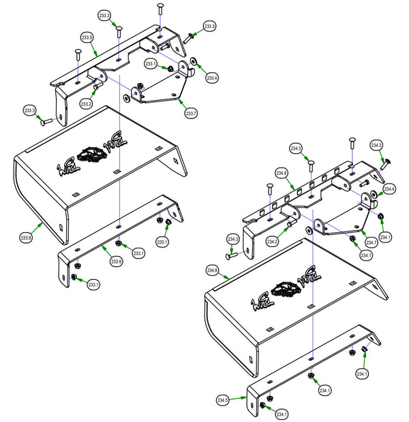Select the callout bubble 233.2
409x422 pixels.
pyautogui.click(x=85, y=104)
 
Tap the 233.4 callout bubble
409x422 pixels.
pyautogui.click(x=212, y=78)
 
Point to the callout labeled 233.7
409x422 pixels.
pyautogui.click(x=190, y=113)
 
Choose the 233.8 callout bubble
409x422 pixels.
pyautogui.click(x=27, y=238)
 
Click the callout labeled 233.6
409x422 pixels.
pyautogui.click(x=116, y=261)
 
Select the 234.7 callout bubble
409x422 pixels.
pyautogui.click(x=371, y=242)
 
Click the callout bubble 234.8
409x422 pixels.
pyautogui.click(x=212, y=271)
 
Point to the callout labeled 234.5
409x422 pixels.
pyautogui.click(x=223, y=400)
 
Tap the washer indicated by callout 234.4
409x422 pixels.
pyautogui.click(x=374, y=196)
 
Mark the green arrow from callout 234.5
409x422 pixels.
pyautogui.click(x=239, y=396)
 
